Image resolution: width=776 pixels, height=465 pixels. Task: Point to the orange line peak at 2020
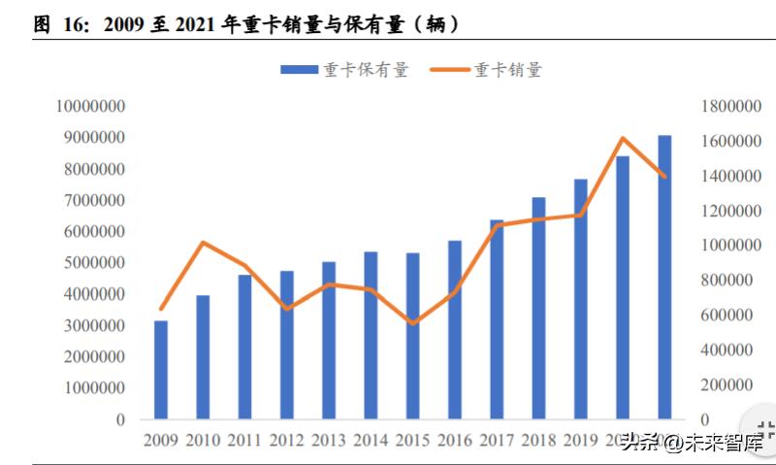click(x=623, y=139)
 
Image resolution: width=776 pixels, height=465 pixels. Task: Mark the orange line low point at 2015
click(x=412, y=323)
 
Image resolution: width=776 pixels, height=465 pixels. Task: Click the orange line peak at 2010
click(x=203, y=243)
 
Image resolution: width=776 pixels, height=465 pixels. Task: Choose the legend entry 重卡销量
click(x=486, y=69)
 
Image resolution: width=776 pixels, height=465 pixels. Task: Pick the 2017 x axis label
click(x=496, y=441)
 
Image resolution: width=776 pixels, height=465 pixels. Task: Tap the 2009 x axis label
click(x=161, y=441)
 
